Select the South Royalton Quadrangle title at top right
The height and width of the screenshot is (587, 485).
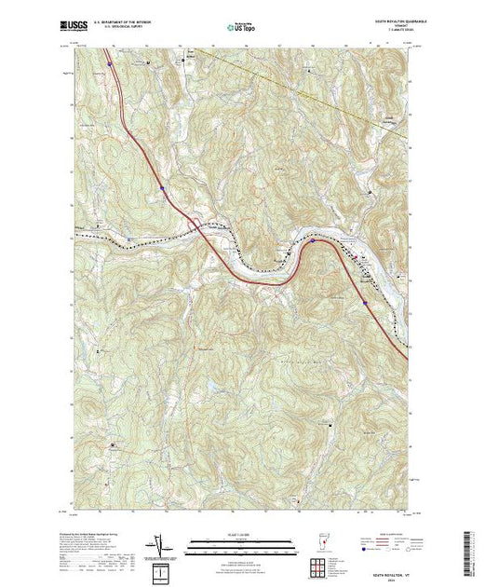[387, 21]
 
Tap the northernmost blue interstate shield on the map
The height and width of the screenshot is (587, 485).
[109, 64]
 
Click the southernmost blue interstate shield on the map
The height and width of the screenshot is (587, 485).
[365, 302]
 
